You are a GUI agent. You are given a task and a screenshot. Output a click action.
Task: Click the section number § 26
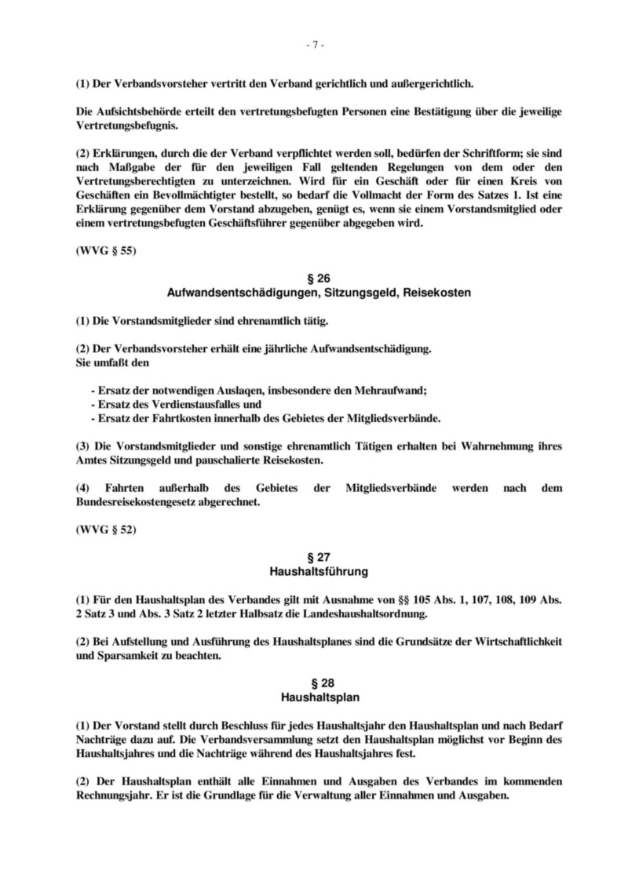tap(314, 278)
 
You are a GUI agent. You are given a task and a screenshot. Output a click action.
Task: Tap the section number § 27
tap(314, 556)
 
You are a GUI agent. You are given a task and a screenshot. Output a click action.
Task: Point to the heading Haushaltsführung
tap(314, 570)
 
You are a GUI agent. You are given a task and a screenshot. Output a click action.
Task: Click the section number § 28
tap(314, 682)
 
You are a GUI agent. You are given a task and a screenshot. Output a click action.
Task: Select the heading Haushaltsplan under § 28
tap(314, 697)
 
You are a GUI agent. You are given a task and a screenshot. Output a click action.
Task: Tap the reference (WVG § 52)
tap(106, 530)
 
